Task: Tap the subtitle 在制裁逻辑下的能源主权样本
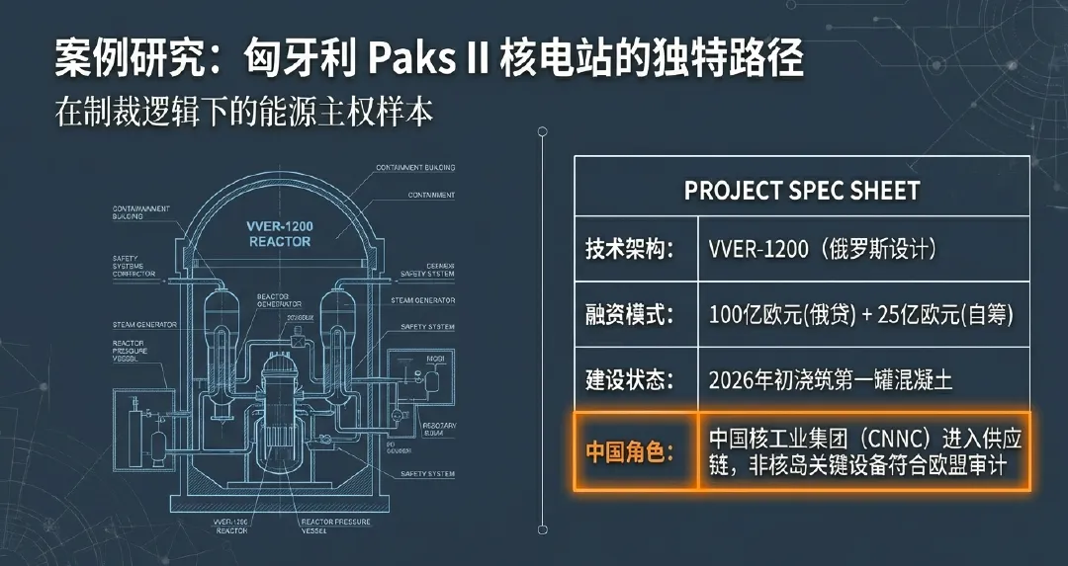244,112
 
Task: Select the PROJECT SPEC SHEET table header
802,191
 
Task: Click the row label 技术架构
629,249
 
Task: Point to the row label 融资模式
629,315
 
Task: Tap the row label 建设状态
629,379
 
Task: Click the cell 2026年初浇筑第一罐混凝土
831,379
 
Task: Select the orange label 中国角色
629,452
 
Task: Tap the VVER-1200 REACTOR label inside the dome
279,234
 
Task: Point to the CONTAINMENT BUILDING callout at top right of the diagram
415,168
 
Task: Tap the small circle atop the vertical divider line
542,131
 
